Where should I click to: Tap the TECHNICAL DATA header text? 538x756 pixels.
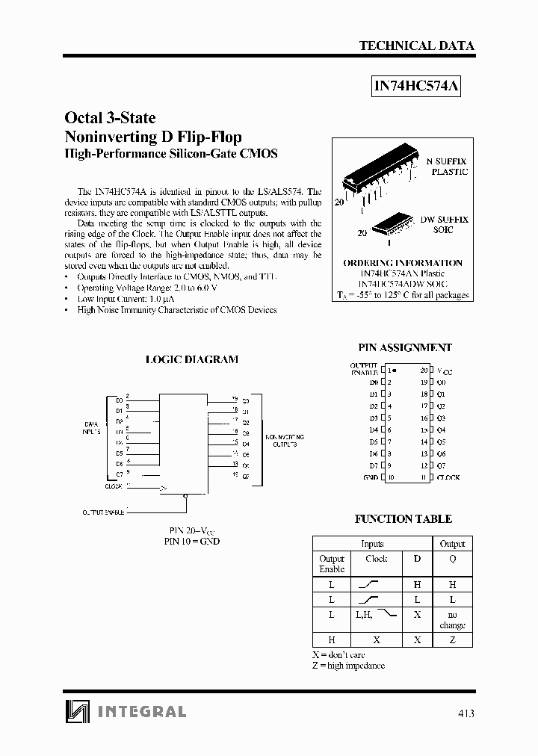tap(416, 46)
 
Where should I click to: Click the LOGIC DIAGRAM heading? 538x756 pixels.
tap(191, 359)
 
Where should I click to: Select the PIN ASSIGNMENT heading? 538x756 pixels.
tap(405, 347)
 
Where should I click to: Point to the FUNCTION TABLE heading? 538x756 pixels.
tap(403, 518)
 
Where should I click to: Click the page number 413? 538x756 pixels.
tap(466, 713)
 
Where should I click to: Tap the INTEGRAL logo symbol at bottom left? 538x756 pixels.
tap(75, 711)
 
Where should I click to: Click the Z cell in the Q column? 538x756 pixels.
tap(452, 640)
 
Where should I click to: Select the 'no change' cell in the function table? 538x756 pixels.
tap(452, 619)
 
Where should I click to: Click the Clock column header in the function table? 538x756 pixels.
tap(377, 558)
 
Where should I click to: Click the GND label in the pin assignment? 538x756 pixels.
tap(370, 477)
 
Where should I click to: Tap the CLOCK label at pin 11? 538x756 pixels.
tap(448, 477)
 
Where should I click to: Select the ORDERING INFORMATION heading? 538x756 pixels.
tap(402, 263)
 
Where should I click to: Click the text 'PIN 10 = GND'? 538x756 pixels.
tap(192, 542)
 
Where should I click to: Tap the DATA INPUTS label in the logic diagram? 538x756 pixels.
tap(91, 428)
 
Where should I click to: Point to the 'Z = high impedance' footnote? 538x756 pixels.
tap(348, 665)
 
